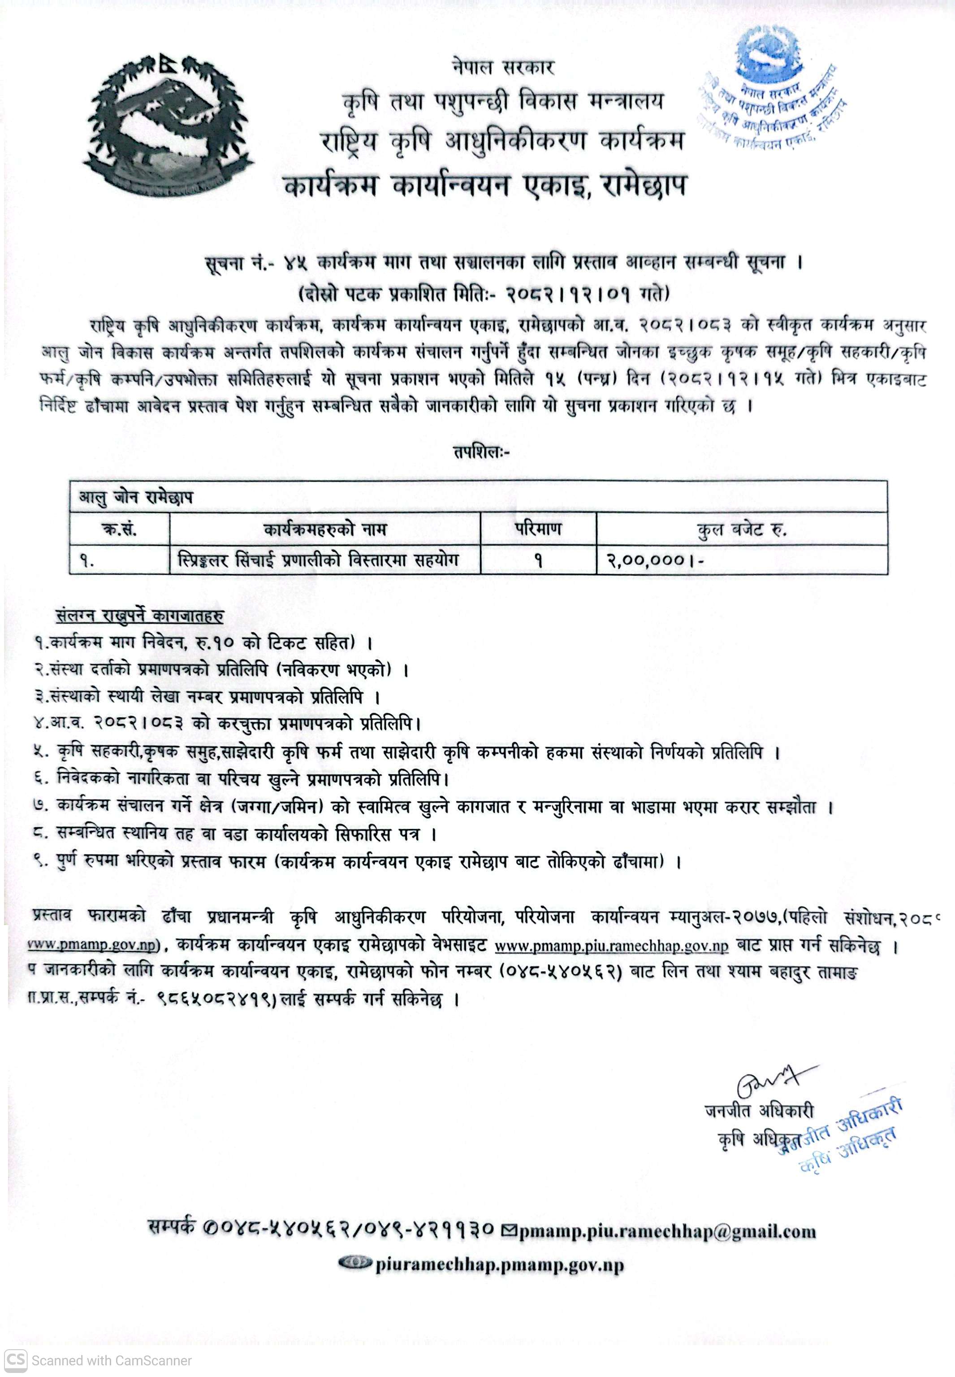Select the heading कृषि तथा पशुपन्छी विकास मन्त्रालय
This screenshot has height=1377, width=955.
click(503, 102)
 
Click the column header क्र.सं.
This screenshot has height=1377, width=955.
click(120, 529)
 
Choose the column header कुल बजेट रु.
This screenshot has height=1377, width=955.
click(741, 529)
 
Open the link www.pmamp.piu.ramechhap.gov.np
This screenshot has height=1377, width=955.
click(612, 947)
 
